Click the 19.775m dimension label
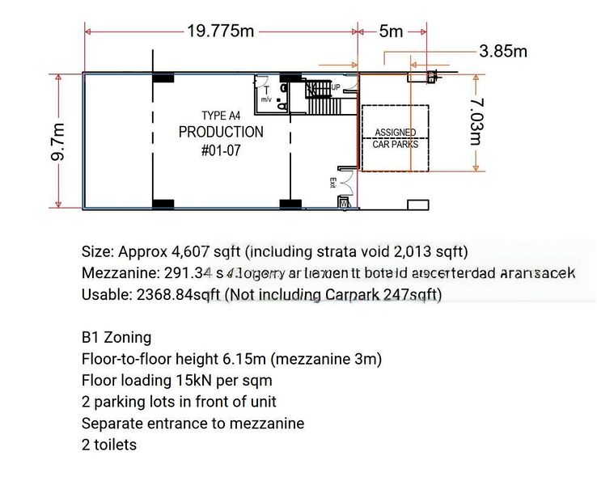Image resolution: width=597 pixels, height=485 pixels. click(221, 32)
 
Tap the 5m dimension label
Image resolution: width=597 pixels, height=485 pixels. click(391, 32)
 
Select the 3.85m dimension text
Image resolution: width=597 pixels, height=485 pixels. click(502, 52)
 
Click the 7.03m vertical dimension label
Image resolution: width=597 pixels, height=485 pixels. click(476, 122)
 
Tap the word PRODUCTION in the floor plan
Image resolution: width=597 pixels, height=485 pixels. click(221, 133)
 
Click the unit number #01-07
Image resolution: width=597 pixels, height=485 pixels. click(221, 150)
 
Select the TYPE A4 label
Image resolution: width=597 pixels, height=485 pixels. click(221, 116)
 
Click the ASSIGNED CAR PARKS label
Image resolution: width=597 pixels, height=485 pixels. click(396, 138)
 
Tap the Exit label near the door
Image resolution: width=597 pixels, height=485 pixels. click(332, 183)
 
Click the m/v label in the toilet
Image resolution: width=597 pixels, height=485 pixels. click(265, 99)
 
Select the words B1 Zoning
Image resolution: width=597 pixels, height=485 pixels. click(116, 337)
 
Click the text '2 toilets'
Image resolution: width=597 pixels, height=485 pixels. click(109, 445)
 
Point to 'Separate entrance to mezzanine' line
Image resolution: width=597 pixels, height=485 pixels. click(193, 423)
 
